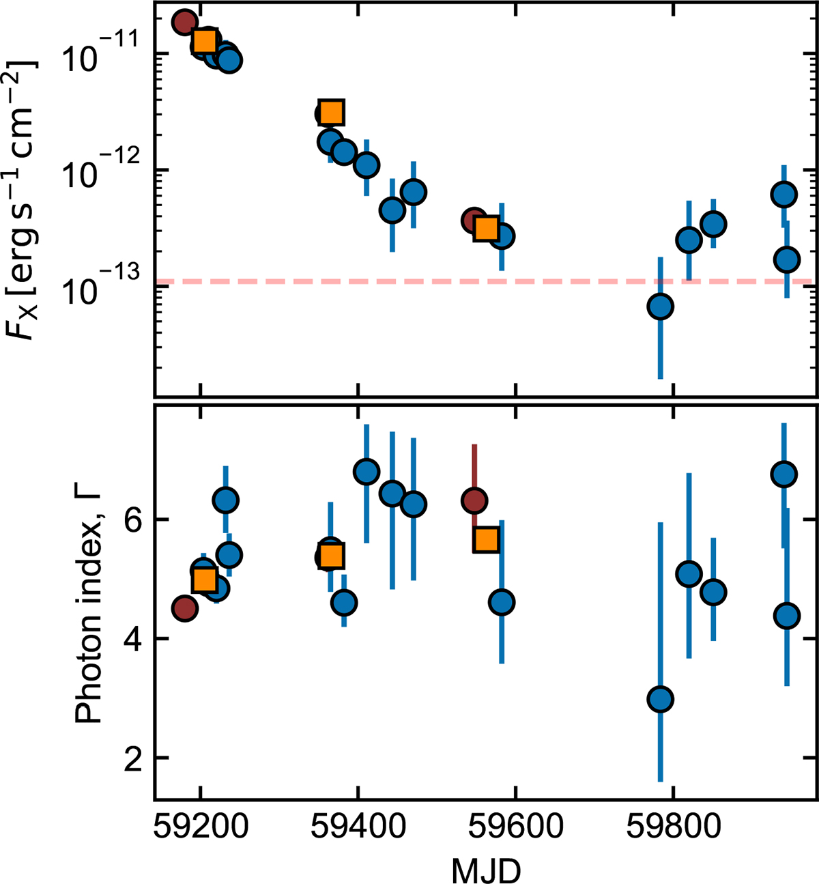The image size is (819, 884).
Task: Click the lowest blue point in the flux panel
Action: coord(660,306)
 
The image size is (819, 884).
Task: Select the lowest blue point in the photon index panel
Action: coord(660,699)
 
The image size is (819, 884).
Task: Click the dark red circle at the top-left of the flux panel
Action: coord(184,22)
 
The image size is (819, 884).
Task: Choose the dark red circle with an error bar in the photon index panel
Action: coord(474,500)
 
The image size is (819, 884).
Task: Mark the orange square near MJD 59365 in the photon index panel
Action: coord(331,556)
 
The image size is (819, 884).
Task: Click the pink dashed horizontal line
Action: coord(409,281)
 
